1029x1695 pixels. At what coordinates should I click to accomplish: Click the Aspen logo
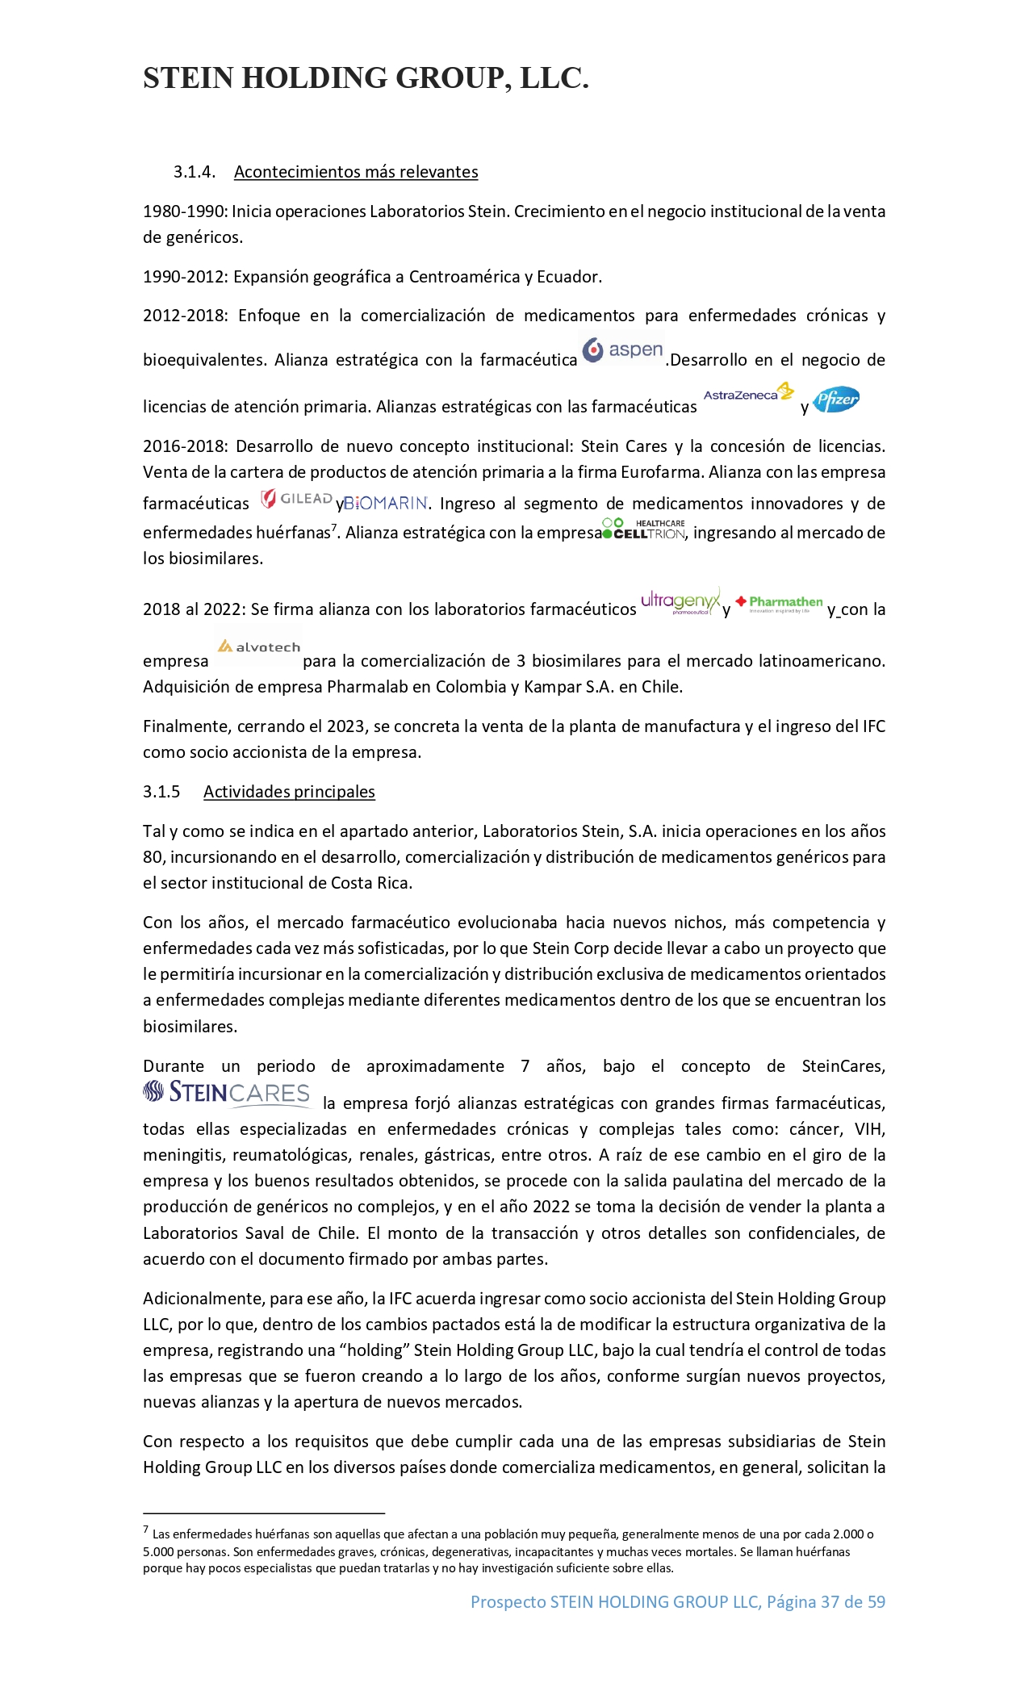pos(623,350)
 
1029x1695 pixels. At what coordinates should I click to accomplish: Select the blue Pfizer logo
pos(836,399)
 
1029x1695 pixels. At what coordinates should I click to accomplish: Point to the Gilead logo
pos(296,499)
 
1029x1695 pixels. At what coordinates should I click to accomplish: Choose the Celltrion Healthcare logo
pos(644,529)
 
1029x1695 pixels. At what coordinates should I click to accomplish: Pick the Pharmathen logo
pos(779,603)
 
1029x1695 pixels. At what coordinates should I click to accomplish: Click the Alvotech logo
pos(258,647)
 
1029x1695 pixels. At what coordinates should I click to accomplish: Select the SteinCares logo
pos(227,1093)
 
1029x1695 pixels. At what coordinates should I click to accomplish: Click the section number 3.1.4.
pos(194,172)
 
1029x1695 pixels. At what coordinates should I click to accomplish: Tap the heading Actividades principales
pos(289,792)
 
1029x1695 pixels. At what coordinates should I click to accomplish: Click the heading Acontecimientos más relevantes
pos(356,172)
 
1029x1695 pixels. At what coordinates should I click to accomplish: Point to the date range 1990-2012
pos(185,277)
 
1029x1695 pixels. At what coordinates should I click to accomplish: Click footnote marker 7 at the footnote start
pos(146,1530)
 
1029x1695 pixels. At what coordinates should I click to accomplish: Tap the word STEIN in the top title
pos(189,78)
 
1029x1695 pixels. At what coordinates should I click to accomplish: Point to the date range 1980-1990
pos(185,211)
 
